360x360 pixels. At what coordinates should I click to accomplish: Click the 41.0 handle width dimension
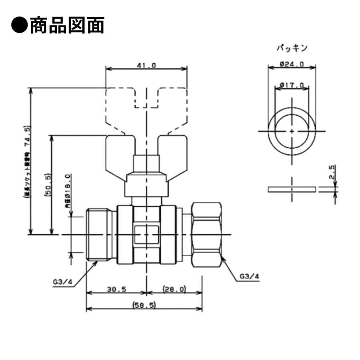[x=146, y=66]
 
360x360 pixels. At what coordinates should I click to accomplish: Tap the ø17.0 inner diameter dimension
[x=292, y=85]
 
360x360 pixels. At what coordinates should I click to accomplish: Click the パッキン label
[x=292, y=48]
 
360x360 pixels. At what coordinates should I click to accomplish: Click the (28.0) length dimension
[x=174, y=289]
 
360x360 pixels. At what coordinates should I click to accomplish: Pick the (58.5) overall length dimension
[x=144, y=305]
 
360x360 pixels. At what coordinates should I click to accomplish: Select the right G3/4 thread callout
[x=249, y=276]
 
